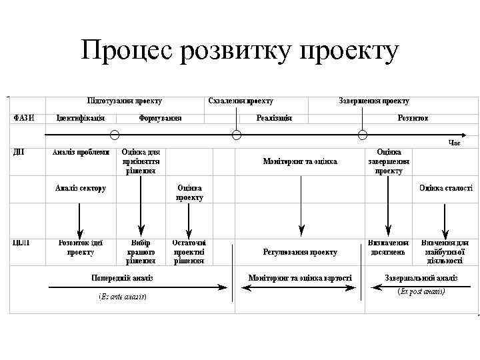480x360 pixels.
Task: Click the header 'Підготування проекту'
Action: click(125, 101)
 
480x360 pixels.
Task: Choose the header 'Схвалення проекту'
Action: click(241, 101)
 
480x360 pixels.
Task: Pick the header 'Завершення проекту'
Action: click(374, 101)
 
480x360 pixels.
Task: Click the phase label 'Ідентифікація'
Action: click(80, 118)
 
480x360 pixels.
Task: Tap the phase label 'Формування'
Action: click(160, 118)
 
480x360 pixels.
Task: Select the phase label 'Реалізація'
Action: click(274, 118)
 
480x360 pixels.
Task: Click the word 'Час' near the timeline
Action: click(454, 142)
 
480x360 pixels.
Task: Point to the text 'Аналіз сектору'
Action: click(80, 188)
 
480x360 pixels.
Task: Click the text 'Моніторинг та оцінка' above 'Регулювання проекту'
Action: click(300, 161)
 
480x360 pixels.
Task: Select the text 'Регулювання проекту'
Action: click(300, 253)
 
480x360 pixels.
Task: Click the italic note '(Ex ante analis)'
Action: click(122, 295)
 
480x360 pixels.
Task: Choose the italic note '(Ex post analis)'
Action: click(421, 291)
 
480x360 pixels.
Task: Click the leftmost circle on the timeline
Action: click(115, 135)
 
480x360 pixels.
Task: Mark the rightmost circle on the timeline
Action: click(363, 135)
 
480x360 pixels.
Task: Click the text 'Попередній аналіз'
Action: click(122, 277)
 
